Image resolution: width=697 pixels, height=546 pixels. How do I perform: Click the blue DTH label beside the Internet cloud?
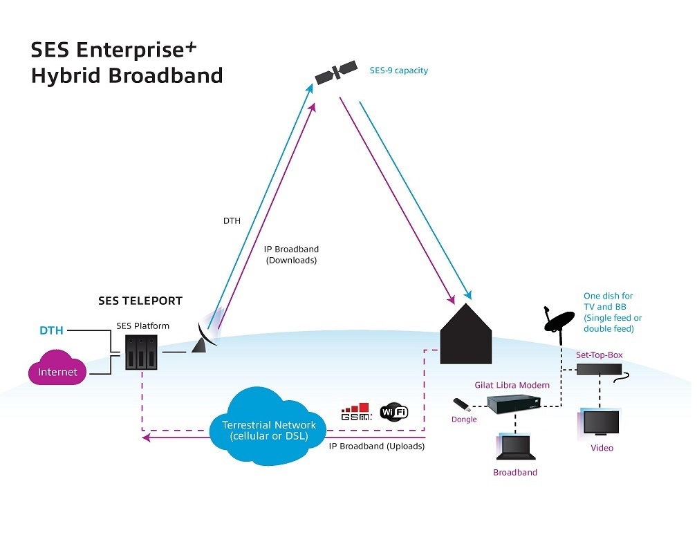click(51, 330)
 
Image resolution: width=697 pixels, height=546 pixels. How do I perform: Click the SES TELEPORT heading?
click(140, 301)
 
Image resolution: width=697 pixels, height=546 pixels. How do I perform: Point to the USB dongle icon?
click(462, 404)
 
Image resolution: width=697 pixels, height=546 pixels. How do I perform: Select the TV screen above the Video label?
click(601, 422)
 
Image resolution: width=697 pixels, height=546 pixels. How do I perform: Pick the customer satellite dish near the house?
click(557, 321)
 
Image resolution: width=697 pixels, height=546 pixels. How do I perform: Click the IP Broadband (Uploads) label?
click(377, 446)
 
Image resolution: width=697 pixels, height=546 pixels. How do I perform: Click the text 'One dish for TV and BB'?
click(608, 301)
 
